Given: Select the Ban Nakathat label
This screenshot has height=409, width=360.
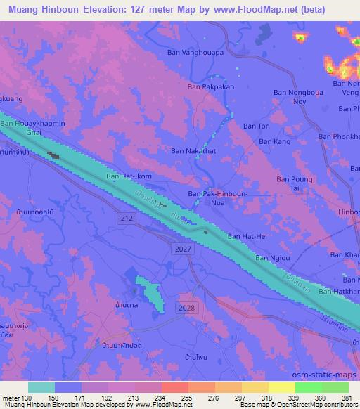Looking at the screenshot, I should tap(194, 150).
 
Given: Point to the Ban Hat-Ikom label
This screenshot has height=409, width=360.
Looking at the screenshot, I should tap(129, 176).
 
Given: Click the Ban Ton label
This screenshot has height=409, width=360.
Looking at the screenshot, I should tap(257, 126).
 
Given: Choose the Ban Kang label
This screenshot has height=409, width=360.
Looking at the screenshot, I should tap(275, 141).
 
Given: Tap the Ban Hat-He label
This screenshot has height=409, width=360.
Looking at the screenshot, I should tap(246, 237).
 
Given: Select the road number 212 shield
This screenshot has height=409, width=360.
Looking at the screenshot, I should tap(127, 219).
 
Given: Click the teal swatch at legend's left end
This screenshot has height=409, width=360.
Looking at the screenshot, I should tap(42, 387).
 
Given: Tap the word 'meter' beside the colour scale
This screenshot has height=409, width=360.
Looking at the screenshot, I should tap(11, 397).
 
